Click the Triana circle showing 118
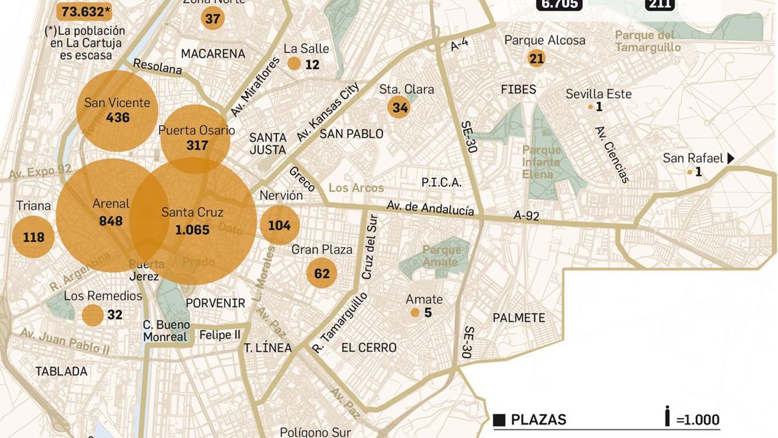pos(33,237)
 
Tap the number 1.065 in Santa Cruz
pos(192,230)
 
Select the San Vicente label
pos(117,103)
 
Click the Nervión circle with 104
pos(280,225)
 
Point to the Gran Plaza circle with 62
pos(321,274)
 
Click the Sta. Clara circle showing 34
pos(399,107)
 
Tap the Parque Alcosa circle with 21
pos(536,59)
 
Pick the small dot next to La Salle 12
pos(294,63)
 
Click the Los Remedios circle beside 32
pos(92,315)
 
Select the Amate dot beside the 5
pos(415,312)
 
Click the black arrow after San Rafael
pos(730,158)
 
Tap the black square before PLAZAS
pos(499,420)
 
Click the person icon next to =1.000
pos(668,417)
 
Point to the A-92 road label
pos(527,215)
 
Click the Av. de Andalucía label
pos(430,208)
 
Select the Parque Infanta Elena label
pos(541,162)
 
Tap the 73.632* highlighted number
pos(84,12)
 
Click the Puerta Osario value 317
pos(197,145)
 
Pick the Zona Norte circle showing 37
pos(212,18)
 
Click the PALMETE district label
pos(519,318)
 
